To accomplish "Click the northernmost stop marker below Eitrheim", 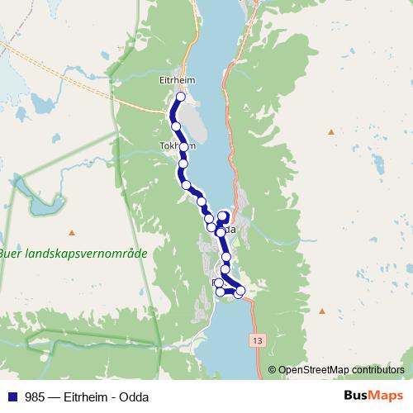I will pyautogui.click(x=180, y=97).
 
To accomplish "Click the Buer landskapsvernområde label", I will pyautogui.click(x=73, y=254).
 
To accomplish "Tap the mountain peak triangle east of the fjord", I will pyautogui.click(x=331, y=131).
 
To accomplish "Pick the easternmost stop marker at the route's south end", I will pyautogui.click(x=240, y=290).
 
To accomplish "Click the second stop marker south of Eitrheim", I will pyautogui.click(x=176, y=126).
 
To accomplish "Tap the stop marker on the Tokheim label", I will pyautogui.click(x=184, y=147).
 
